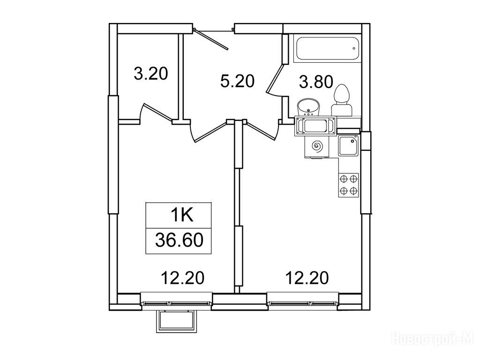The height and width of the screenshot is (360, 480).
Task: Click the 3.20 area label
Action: pyautogui.click(x=151, y=74)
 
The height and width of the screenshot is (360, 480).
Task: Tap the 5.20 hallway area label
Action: pyautogui.click(x=238, y=82)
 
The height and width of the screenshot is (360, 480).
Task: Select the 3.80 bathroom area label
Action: pyautogui.click(x=316, y=82)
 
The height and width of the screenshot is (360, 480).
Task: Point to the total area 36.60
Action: pyautogui.click(x=179, y=240)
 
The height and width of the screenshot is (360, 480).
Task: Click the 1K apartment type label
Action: pyautogui.click(x=182, y=215)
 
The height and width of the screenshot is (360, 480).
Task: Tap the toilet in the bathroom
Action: pyautogui.click(x=342, y=101)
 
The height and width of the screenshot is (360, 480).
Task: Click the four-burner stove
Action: pyautogui.click(x=348, y=185)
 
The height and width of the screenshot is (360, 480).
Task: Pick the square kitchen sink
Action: pyautogui.click(x=348, y=146)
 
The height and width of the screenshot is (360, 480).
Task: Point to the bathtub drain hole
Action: pyautogui.click(x=354, y=48)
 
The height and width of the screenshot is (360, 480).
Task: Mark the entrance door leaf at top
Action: pyautogui.click(x=212, y=39)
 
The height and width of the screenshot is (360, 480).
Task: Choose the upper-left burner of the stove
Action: pyautogui.click(x=344, y=179)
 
